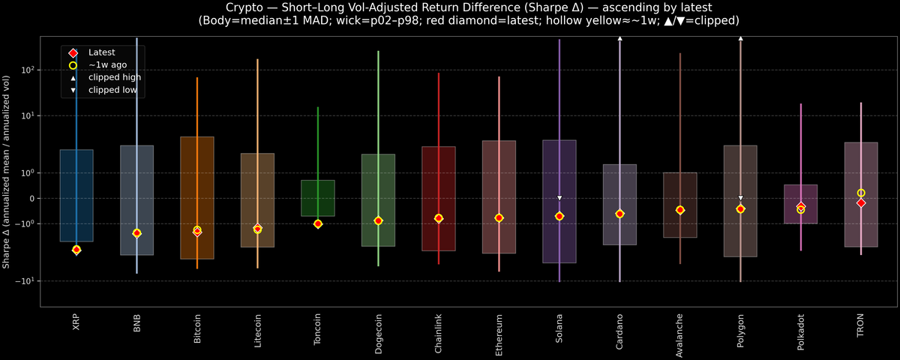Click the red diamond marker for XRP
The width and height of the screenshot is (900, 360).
tap(76, 249)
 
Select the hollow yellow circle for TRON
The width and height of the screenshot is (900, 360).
tap(861, 193)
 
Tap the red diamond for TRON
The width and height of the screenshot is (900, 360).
tap(861, 202)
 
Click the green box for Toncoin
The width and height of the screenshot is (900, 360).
tap(318, 198)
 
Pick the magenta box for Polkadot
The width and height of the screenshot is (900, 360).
tap(800, 204)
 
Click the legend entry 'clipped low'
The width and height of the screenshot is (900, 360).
tap(112, 89)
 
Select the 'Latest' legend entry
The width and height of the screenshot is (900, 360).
tap(100, 52)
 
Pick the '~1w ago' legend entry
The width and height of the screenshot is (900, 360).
tap(106, 65)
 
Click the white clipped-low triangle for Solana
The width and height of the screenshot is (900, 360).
tap(559, 198)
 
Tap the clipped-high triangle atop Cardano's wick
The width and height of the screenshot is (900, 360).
tap(619, 37)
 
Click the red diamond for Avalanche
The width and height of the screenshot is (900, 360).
tap(679, 210)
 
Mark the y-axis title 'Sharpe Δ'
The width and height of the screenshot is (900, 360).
tap(6, 172)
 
